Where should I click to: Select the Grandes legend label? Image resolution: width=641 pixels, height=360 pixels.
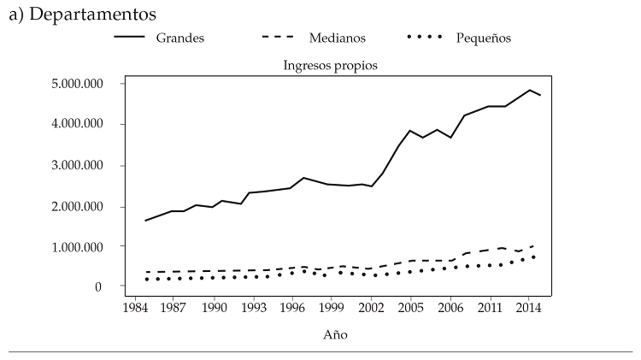(179, 38)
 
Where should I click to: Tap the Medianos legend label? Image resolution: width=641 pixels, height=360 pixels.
(337, 38)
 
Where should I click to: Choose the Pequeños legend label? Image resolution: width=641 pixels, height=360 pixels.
(483, 38)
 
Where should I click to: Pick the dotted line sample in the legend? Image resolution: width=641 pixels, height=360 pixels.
(425, 38)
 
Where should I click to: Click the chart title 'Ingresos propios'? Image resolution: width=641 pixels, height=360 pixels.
(330, 65)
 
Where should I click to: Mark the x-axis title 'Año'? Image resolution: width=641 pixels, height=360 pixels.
(335, 336)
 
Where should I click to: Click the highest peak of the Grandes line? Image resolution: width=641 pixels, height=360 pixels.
(529, 90)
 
